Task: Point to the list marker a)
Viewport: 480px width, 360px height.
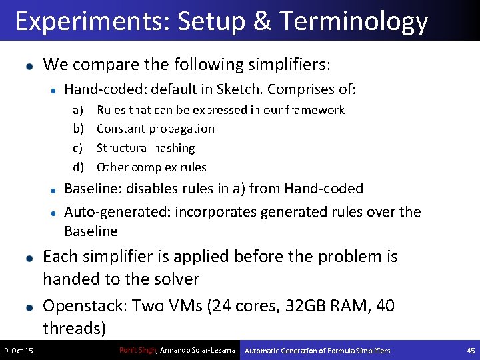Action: coord(78,110)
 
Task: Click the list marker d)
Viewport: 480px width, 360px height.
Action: coord(78,167)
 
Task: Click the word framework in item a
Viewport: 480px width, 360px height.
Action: coord(315,110)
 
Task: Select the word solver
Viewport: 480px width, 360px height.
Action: coord(176,279)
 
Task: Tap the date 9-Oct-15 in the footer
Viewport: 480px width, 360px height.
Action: coord(19,351)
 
